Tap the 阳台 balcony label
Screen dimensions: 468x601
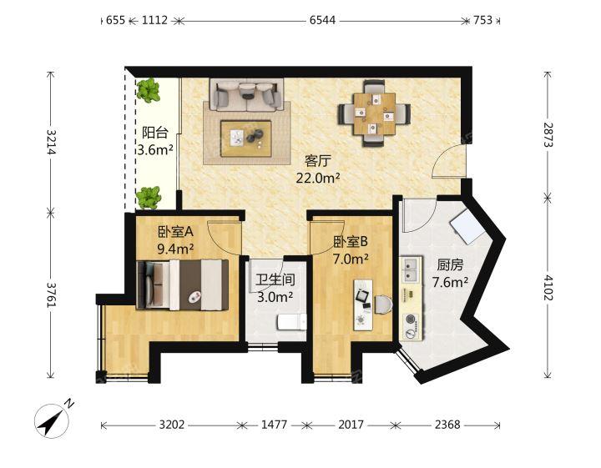coord(154,133)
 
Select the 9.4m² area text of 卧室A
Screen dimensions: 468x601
coord(175,248)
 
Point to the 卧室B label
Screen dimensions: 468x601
coord(351,243)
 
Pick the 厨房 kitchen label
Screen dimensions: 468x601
coord(449,265)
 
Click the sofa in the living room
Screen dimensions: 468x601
coord(246,95)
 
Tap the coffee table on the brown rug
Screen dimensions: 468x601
coord(246,137)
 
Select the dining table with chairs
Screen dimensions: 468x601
coord(373,111)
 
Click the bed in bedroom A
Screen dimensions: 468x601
coord(184,284)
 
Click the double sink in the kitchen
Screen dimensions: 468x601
coord(411,269)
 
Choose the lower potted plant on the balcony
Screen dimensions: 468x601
coord(149,197)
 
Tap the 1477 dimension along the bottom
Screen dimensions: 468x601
coord(274,425)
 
